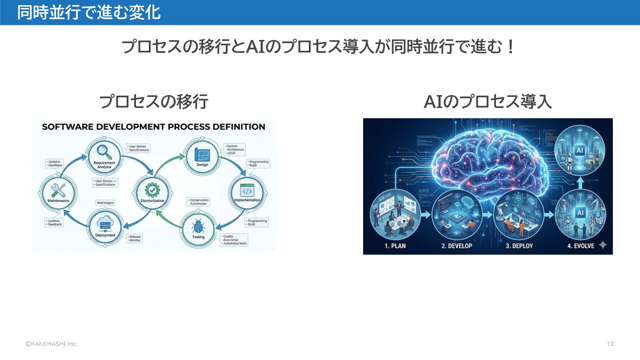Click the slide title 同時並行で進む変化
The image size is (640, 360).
click(88, 12)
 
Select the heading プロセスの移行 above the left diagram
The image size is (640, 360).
click(154, 102)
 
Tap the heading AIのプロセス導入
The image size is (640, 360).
click(488, 102)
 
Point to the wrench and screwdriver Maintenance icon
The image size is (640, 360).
click(58, 190)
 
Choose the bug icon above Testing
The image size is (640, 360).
click(198, 227)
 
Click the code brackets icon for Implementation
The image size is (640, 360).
click(247, 190)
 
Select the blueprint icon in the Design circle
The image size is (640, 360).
click(202, 155)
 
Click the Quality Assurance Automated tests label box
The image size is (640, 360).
click(234, 240)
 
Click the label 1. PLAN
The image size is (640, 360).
click(395, 246)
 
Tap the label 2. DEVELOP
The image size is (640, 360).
click(457, 246)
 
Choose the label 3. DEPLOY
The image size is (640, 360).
click(519, 246)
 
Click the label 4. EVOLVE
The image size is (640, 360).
click(580, 246)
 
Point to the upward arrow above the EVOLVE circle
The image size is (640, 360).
click(580, 182)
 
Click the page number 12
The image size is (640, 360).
click(610, 344)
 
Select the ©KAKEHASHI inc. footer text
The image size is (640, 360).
click(51, 344)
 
